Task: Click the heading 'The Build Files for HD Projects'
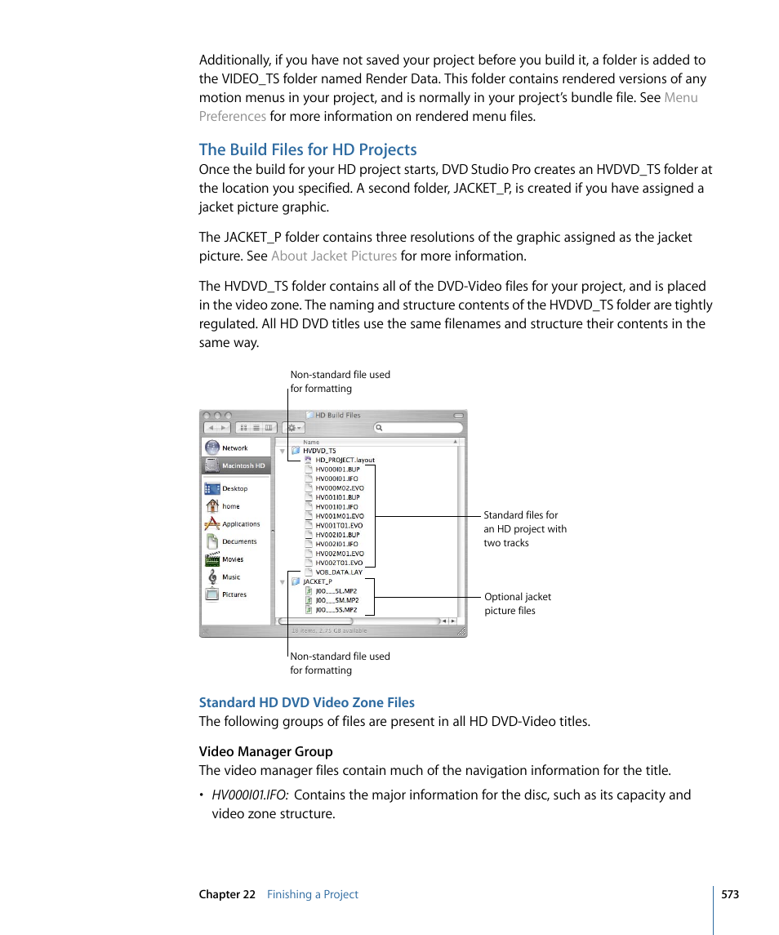308,149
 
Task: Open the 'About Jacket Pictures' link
333,256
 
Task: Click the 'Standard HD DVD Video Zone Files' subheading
306,702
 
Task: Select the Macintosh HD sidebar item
243,465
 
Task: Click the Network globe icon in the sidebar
212,447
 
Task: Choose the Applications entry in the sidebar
240,524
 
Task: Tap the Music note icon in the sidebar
212,577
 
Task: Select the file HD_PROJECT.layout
345,460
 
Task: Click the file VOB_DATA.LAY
339,572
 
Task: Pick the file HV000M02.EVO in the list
340,488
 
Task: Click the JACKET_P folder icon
296,582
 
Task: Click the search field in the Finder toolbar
421,428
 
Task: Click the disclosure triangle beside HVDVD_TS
283,451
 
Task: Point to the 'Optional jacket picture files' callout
517,603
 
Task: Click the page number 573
729,894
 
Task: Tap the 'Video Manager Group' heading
265,751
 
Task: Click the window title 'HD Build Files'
337,415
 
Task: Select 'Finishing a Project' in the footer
312,894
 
